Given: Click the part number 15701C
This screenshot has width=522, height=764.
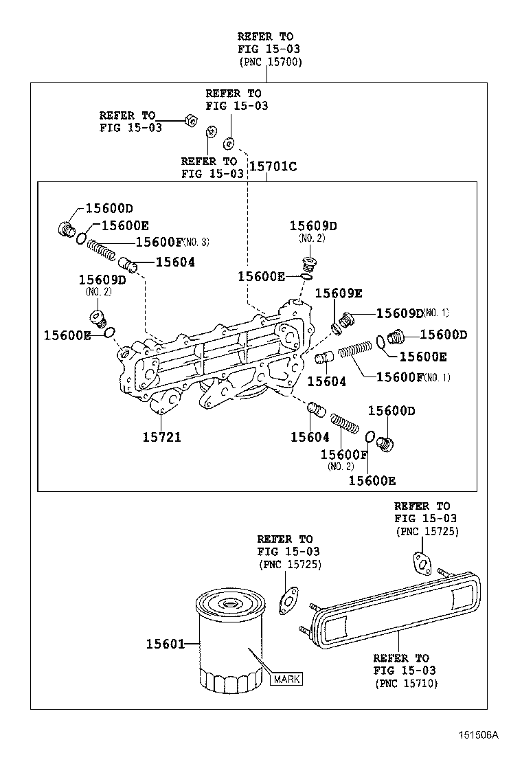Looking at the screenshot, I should pyautogui.click(x=273, y=166).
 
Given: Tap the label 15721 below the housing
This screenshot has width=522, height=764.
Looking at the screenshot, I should pyautogui.click(x=162, y=437).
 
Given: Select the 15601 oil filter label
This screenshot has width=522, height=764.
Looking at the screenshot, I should pyautogui.click(x=165, y=644).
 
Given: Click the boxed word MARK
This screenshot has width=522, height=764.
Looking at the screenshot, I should pyautogui.click(x=286, y=679).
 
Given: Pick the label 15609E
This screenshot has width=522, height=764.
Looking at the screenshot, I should pyautogui.click(x=339, y=293).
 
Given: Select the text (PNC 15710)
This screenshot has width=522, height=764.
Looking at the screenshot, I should pyautogui.click(x=405, y=684).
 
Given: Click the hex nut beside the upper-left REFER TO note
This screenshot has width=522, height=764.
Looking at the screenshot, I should pyautogui.click(x=192, y=122).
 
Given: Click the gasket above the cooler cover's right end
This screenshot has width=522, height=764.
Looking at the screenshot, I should pyautogui.click(x=423, y=562).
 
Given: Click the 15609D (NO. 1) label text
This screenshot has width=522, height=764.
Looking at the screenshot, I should pyautogui.click(x=412, y=313).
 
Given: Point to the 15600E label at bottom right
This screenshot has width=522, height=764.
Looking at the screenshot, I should pyautogui.click(x=372, y=481).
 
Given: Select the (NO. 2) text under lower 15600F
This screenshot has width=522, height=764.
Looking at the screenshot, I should pyautogui.click(x=340, y=467).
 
